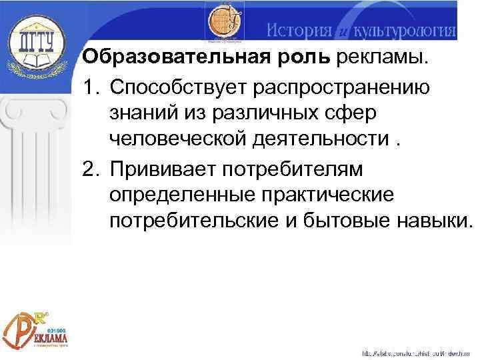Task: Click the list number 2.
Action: point(89,169)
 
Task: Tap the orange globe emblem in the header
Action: point(225,24)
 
